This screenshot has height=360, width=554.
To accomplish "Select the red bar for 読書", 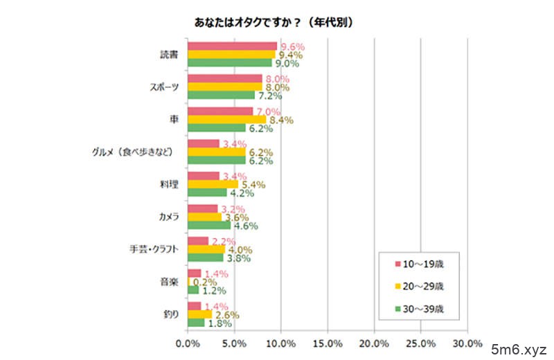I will click(x=232, y=46).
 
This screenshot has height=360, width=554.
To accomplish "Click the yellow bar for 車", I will click(x=226, y=119).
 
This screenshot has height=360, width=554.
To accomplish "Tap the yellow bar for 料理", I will click(x=213, y=184).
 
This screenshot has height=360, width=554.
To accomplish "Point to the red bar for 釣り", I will click(x=194, y=306).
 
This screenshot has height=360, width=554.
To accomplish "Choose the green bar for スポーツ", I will click(x=221, y=95).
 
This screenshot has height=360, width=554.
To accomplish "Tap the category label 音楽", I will click(x=170, y=282).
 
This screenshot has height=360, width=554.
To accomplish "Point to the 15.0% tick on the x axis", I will click(x=328, y=343).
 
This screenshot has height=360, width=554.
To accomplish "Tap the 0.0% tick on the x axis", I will click(x=188, y=343).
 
